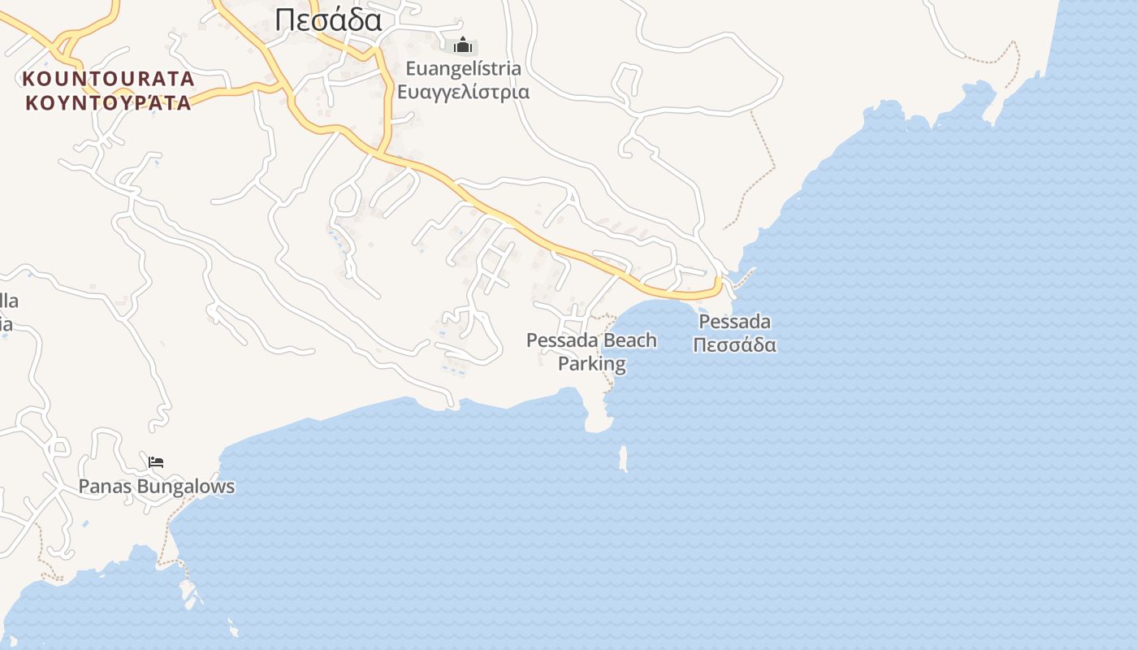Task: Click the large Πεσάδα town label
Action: pyautogui.click(x=328, y=19)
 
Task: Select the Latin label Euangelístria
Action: pyautogui.click(x=463, y=68)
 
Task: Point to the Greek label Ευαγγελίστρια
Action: pyautogui.click(x=463, y=91)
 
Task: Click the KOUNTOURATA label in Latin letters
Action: pyautogui.click(x=109, y=79)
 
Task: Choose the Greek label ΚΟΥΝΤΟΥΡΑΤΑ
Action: pyautogui.click(x=109, y=102)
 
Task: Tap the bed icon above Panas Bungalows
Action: pyautogui.click(x=156, y=462)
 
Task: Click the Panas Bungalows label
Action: pyautogui.click(x=156, y=487)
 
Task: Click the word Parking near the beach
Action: pyautogui.click(x=592, y=363)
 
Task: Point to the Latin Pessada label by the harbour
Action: pyautogui.click(x=734, y=322)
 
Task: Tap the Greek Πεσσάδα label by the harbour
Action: pyautogui.click(x=734, y=344)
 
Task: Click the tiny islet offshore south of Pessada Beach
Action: pyautogui.click(x=624, y=458)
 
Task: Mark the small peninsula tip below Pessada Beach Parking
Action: pyautogui.click(x=599, y=423)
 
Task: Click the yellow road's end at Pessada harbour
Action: pyautogui.click(x=718, y=283)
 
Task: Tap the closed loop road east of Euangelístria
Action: pyautogui.click(x=629, y=79)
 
